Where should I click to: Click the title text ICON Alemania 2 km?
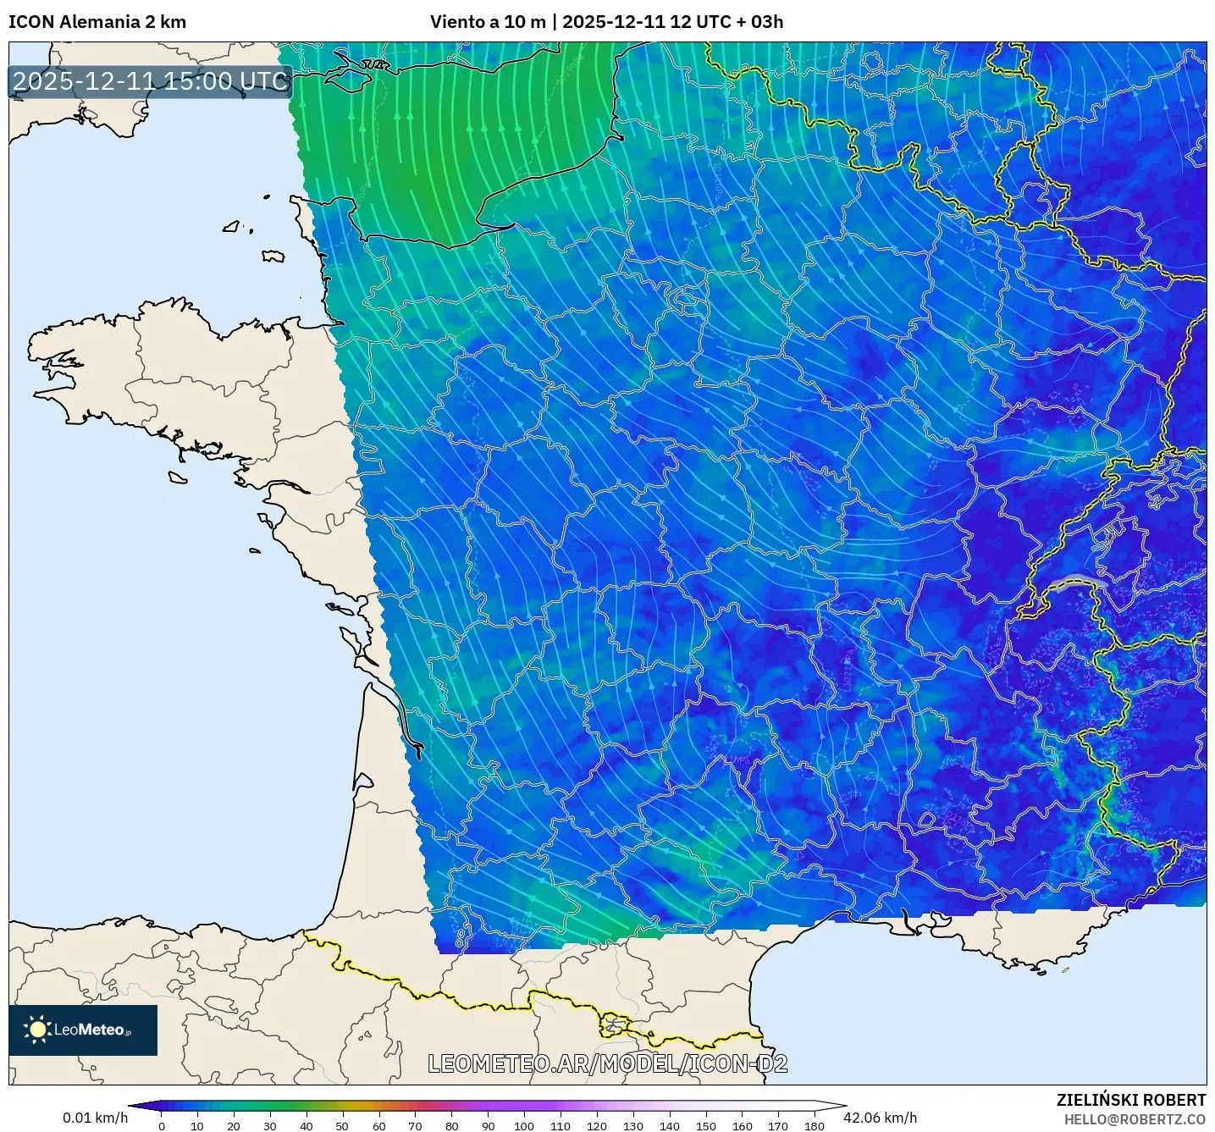(x=97, y=22)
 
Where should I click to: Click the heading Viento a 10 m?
(x=488, y=22)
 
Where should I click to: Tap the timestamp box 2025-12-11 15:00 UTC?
(x=151, y=81)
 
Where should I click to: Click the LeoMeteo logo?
(x=83, y=1030)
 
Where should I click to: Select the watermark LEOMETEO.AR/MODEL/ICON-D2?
(x=607, y=1063)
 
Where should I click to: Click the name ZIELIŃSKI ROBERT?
(x=1130, y=1100)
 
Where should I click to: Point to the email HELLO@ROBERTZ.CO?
(x=1135, y=1119)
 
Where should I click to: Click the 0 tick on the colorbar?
(x=162, y=1125)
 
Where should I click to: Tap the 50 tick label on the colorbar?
(x=342, y=1125)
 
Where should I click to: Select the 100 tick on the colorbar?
(x=524, y=1125)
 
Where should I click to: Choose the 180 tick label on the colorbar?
(x=814, y=1125)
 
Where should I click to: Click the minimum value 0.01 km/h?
(x=95, y=1118)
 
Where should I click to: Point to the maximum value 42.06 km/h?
(x=880, y=1118)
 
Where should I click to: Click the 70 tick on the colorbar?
(x=415, y=1125)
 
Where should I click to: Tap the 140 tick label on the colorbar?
(x=669, y=1125)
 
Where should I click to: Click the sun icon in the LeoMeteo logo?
(x=38, y=1030)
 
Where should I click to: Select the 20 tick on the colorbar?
(x=234, y=1125)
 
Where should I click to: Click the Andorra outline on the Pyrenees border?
(x=613, y=1025)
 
